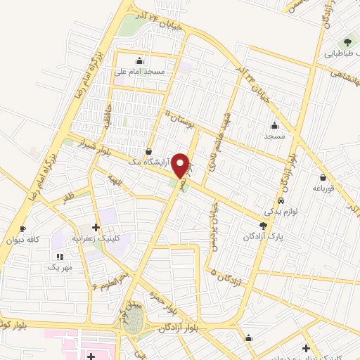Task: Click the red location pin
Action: pyautogui.click(x=181, y=165)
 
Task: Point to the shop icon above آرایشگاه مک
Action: pyautogui.click(x=148, y=151)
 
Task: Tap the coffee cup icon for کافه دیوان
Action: pyautogui.click(x=22, y=229)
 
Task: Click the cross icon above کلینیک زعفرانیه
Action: pyautogui.click(x=95, y=228)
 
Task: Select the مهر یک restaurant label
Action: pyautogui.click(x=60, y=268)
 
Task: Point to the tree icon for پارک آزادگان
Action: pyautogui.click(x=264, y=226)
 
